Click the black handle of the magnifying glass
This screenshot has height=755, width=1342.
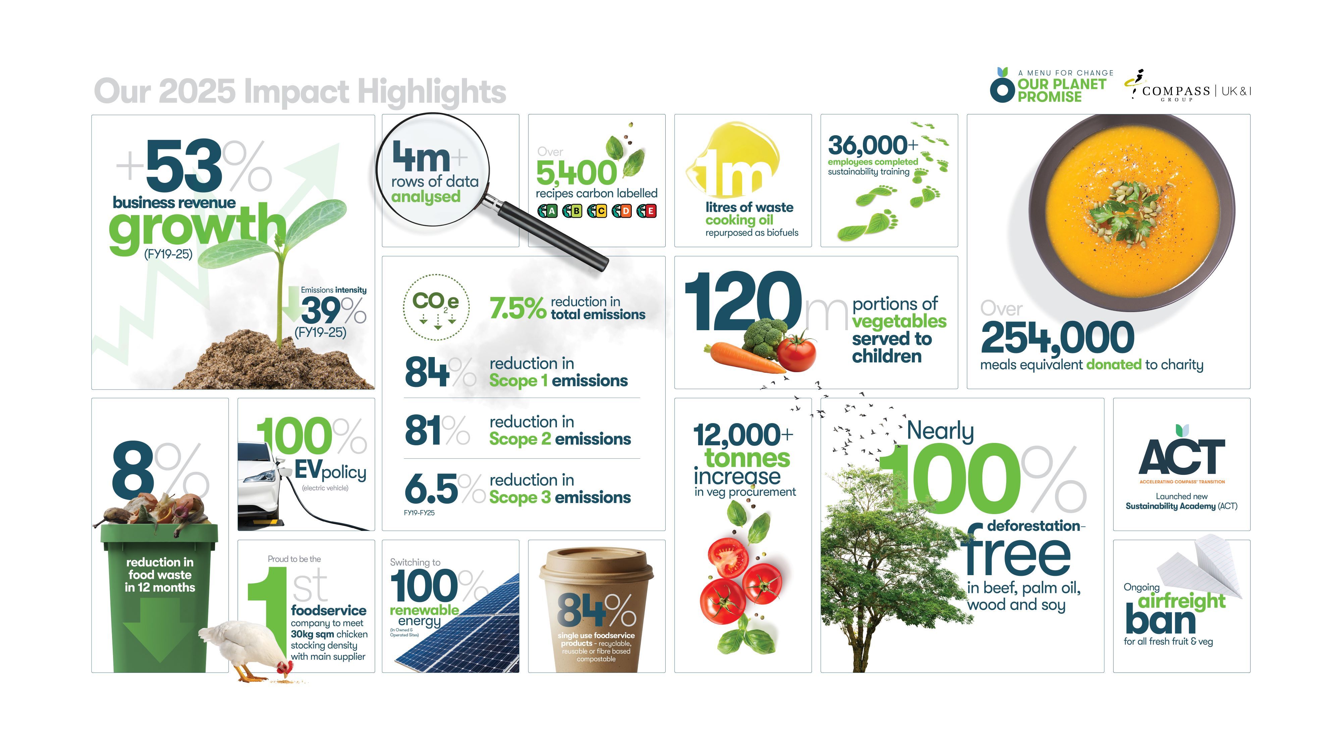pyautogui.click(x=552, y=235)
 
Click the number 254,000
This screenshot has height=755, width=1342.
pyautogui.click(x=1057, y=338)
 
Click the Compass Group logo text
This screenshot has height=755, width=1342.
pyautogui.click(x=1176, y=92)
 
